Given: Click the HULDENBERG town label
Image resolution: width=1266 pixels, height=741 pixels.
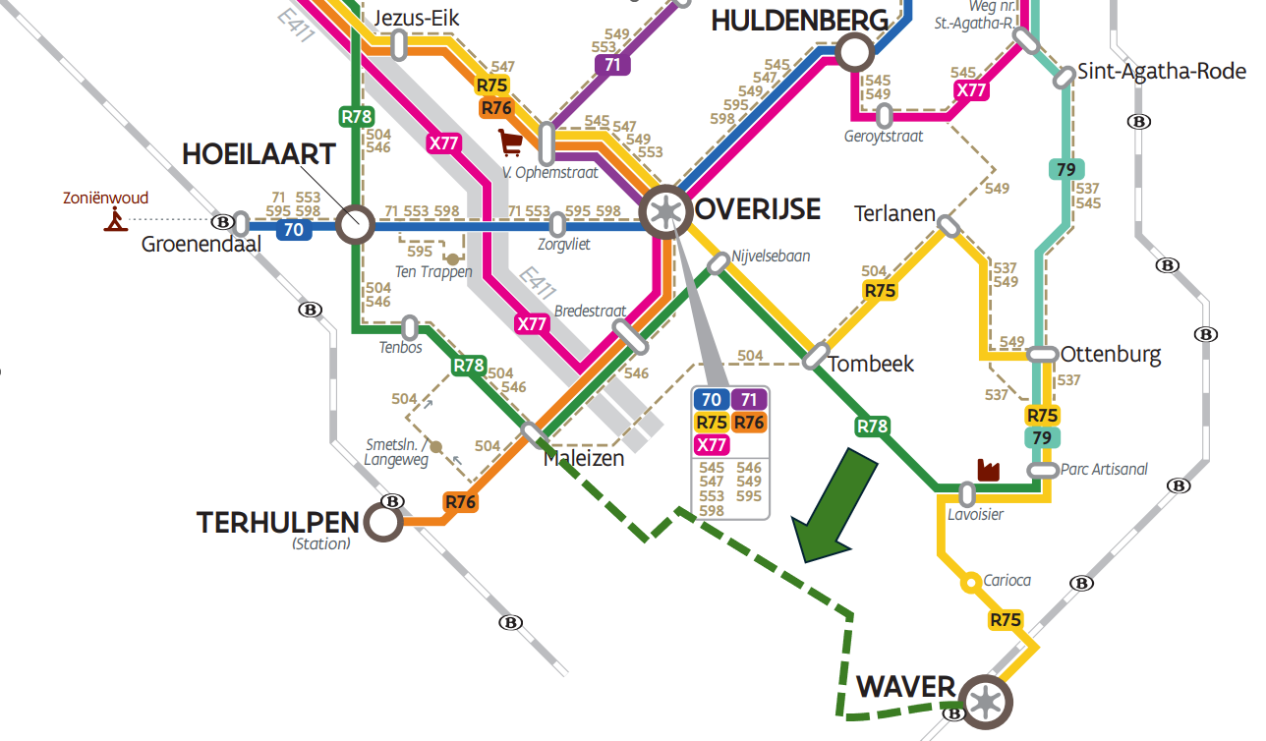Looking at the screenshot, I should (799, 21).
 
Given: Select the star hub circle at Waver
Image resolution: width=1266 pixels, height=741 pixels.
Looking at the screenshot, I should (986, 702).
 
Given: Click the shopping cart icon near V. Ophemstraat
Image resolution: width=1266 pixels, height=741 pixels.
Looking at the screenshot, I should (510, 143).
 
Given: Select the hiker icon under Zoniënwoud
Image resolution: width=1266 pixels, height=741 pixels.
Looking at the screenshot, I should (116, 220).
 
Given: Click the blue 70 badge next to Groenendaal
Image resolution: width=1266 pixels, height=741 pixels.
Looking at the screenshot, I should (293, 231).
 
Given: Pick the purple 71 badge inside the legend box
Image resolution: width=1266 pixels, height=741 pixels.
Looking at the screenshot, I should (748, 399).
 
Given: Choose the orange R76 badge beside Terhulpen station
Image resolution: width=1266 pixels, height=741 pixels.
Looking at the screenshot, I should (460, 502).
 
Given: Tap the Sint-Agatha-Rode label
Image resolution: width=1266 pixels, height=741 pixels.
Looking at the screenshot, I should (1161, 72).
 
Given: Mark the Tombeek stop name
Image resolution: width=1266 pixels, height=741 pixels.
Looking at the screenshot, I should (871, 364).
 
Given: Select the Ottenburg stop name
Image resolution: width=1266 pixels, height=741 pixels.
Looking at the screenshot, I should (1111, 355).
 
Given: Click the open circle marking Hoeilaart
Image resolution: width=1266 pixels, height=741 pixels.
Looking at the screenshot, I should (355, 225).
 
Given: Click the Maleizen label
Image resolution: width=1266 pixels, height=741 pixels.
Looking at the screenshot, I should (584, 458).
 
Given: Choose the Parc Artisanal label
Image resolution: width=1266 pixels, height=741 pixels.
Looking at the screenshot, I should (1104, 469).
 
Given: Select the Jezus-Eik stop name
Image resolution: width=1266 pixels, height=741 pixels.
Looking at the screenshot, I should (418, 19).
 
